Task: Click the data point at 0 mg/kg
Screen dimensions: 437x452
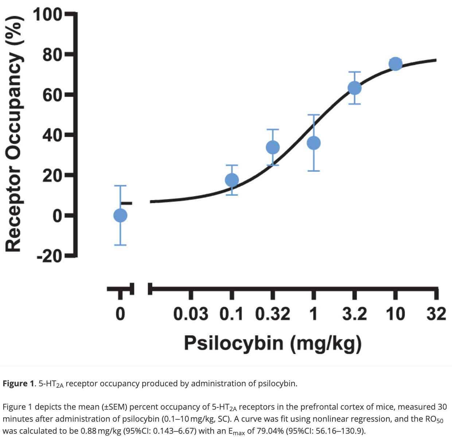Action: tap(120, 216)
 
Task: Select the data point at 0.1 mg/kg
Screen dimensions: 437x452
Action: tap(232, 180)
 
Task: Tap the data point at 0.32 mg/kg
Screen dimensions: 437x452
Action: tap(273, 147)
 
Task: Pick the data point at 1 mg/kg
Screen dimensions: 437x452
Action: tap(313, 143)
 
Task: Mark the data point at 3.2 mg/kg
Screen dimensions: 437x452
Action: tap(354, 88)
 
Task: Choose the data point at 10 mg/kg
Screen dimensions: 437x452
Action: tap(395, 64)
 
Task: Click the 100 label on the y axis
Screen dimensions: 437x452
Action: tap(47, 15)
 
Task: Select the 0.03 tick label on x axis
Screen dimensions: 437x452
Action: tap(191, 314)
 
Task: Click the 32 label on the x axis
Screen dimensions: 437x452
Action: tap(436, 314)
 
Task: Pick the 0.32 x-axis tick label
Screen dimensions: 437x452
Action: tap(273, 314)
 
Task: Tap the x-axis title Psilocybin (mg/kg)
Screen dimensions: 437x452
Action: tap(273, 344)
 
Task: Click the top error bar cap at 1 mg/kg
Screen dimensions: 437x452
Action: tap(313, 115)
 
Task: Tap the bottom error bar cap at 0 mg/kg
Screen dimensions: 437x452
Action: tap(120, 245)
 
